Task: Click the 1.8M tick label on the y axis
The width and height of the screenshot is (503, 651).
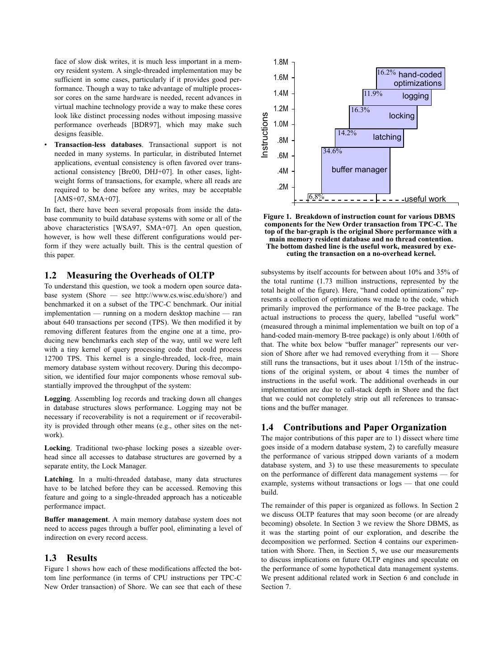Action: point(280,62)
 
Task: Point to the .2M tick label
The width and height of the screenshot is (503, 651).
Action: point(282,187)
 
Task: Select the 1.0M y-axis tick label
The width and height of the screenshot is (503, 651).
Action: point(280,124)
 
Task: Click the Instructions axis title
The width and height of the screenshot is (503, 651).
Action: point(265,135)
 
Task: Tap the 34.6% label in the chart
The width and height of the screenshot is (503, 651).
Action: point(332,151)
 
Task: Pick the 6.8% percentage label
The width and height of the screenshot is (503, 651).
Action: point(316,197)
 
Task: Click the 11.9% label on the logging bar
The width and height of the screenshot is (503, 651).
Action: point(373,94)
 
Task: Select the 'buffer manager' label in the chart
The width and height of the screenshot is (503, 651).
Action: point(359,170)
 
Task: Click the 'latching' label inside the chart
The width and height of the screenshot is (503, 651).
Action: point(387,137)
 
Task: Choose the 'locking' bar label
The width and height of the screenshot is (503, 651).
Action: point(401,116)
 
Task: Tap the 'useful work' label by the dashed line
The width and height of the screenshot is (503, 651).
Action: point(425,199)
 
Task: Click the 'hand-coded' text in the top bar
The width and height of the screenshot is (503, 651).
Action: point(420,75)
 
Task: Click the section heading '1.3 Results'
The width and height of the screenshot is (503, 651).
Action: point(71,558)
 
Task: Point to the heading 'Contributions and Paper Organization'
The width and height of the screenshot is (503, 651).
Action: point(365,427)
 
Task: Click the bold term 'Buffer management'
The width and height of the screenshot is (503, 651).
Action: point(76,519)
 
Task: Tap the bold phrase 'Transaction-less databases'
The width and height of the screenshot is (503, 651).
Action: point(98,145)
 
